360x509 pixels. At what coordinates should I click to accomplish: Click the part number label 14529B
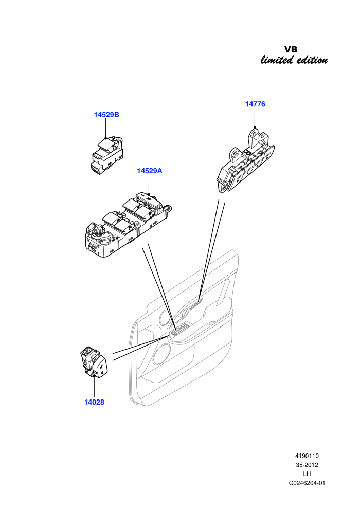106,115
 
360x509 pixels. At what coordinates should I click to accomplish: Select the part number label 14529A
149,171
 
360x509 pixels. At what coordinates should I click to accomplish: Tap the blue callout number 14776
255,104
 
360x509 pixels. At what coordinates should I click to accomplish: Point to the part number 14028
94,402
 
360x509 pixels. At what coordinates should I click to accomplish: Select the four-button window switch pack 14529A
127,225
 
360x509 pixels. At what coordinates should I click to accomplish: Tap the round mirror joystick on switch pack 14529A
97,230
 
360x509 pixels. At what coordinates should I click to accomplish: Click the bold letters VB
291,50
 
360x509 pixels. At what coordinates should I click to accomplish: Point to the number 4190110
307,456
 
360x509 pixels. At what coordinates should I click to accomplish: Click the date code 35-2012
307,465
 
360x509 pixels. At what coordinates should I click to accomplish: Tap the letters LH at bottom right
307,474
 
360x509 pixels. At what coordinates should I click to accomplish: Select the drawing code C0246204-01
307,483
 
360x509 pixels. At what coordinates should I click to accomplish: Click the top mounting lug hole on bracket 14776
254,133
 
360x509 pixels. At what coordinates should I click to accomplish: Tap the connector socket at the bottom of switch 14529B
96,167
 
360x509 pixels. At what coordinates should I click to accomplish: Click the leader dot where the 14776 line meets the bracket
255,128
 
